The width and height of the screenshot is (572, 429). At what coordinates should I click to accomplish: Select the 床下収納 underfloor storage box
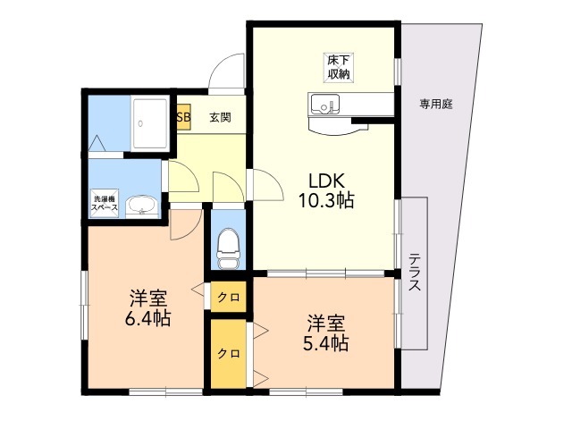[x=337, y=67]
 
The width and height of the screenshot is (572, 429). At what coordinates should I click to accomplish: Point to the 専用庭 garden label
[x=436, y=104]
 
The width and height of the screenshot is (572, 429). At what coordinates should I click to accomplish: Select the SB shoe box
[x=182, y=116]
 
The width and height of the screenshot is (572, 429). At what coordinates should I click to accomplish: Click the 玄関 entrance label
[x=221, y=116]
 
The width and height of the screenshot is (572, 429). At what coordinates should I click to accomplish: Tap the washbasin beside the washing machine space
[x=141, y=208]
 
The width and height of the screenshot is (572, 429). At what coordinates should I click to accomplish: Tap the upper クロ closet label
[x=229, y=297]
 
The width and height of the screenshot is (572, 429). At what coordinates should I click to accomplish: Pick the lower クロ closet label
[x=229, y=353]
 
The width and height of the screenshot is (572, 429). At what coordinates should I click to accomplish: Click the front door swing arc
[x=226, y=71]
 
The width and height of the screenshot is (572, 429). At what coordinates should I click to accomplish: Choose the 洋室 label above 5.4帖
[x=328, y=322]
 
